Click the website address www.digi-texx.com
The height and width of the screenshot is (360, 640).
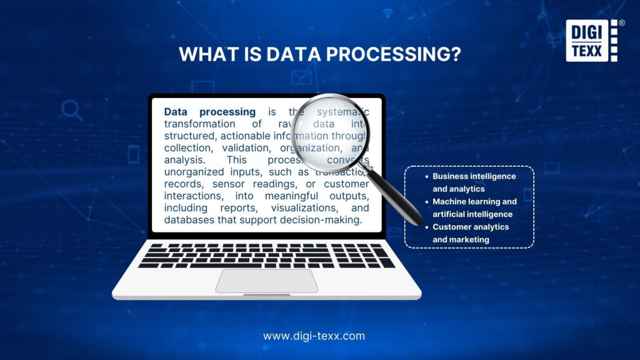pyautogui.click(x=314, y=336)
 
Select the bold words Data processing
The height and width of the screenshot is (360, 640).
pyautogui.click(x=209, y=112)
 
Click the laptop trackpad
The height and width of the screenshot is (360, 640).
pyautogui.click(x=267, y=281)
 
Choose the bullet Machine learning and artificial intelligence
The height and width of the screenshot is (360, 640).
pyautogui.click(x=474, y=207)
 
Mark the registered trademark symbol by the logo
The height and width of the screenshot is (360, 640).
pyautogui.click(x=622, y=22)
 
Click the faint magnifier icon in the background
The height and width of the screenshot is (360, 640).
pyautogui.click(x=72, y=111)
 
